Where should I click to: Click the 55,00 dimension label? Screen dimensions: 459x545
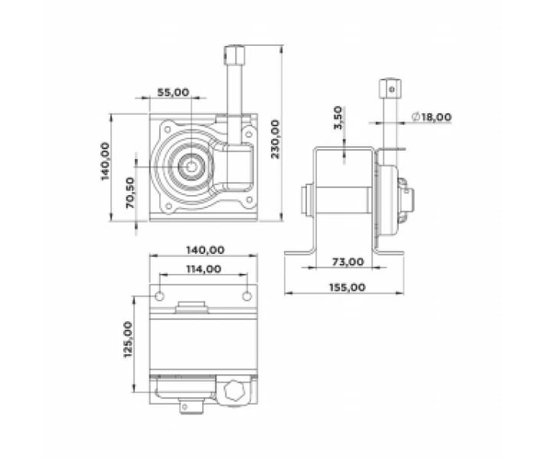[172, 92]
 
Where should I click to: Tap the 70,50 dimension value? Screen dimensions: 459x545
[131, 193]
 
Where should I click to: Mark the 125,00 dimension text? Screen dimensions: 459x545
[128, 340]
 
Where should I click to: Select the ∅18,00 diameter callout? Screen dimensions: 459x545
[431, 117]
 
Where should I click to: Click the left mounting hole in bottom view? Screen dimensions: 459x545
[158, 295]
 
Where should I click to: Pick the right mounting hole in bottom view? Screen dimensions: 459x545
[246, 295]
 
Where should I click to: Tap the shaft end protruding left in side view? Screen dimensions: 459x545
[307, 203]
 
